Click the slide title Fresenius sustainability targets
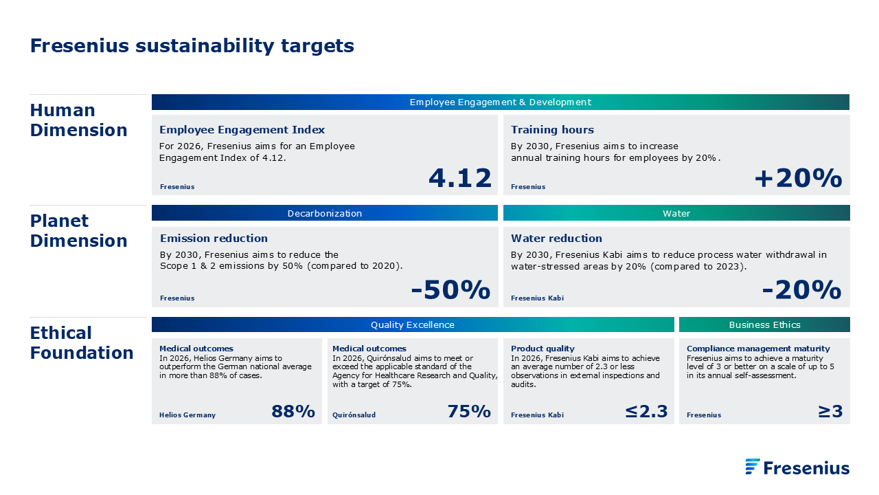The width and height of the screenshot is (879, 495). pyautogui.click(x=192, y=46)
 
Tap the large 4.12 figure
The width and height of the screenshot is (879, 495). pyautogui.click(x=460, y=178)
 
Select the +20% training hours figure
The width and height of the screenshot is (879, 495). pyautogui.click(x=798, y=178)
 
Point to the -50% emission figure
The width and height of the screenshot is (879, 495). pyautogui.click(x=450, y=290)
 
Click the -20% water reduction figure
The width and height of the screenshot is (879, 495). pyautogui.click(x=801, y=290)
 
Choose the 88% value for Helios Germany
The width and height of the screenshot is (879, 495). pyautogui.click(x=293, y=411)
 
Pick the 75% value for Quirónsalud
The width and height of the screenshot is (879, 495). pyautogui.click(x=469, y=411)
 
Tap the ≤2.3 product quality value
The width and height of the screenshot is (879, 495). pyautogui.click(x=646, y=411)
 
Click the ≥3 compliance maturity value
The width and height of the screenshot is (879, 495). pyautogui.click(x=830, y=411)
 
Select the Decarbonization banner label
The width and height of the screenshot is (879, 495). pyautogui.click(x=325, y=213)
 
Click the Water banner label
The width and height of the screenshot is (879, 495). pyautogui.click(x=676, y=213)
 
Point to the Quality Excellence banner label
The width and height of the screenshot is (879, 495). pyautogui.click(x=413, y=325)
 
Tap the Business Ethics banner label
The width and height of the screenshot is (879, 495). pyautogui.click(x=764, y=325)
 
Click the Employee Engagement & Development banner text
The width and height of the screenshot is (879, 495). pyautogui.click(x=501, y=102)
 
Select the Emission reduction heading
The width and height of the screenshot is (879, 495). pyautogui.click(x=214, y=238)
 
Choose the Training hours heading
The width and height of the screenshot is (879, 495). pyautogui.click(x=552, y=130)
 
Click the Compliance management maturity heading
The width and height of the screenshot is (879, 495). pyautogui.click(x=758, y=349)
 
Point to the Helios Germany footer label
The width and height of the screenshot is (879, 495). pyautogui.click(x=187, y=415)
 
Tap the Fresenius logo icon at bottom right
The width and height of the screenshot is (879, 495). pyautogui.click(x=752, y=466)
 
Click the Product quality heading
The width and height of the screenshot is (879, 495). pyautogui.click(x=543, y=349)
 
